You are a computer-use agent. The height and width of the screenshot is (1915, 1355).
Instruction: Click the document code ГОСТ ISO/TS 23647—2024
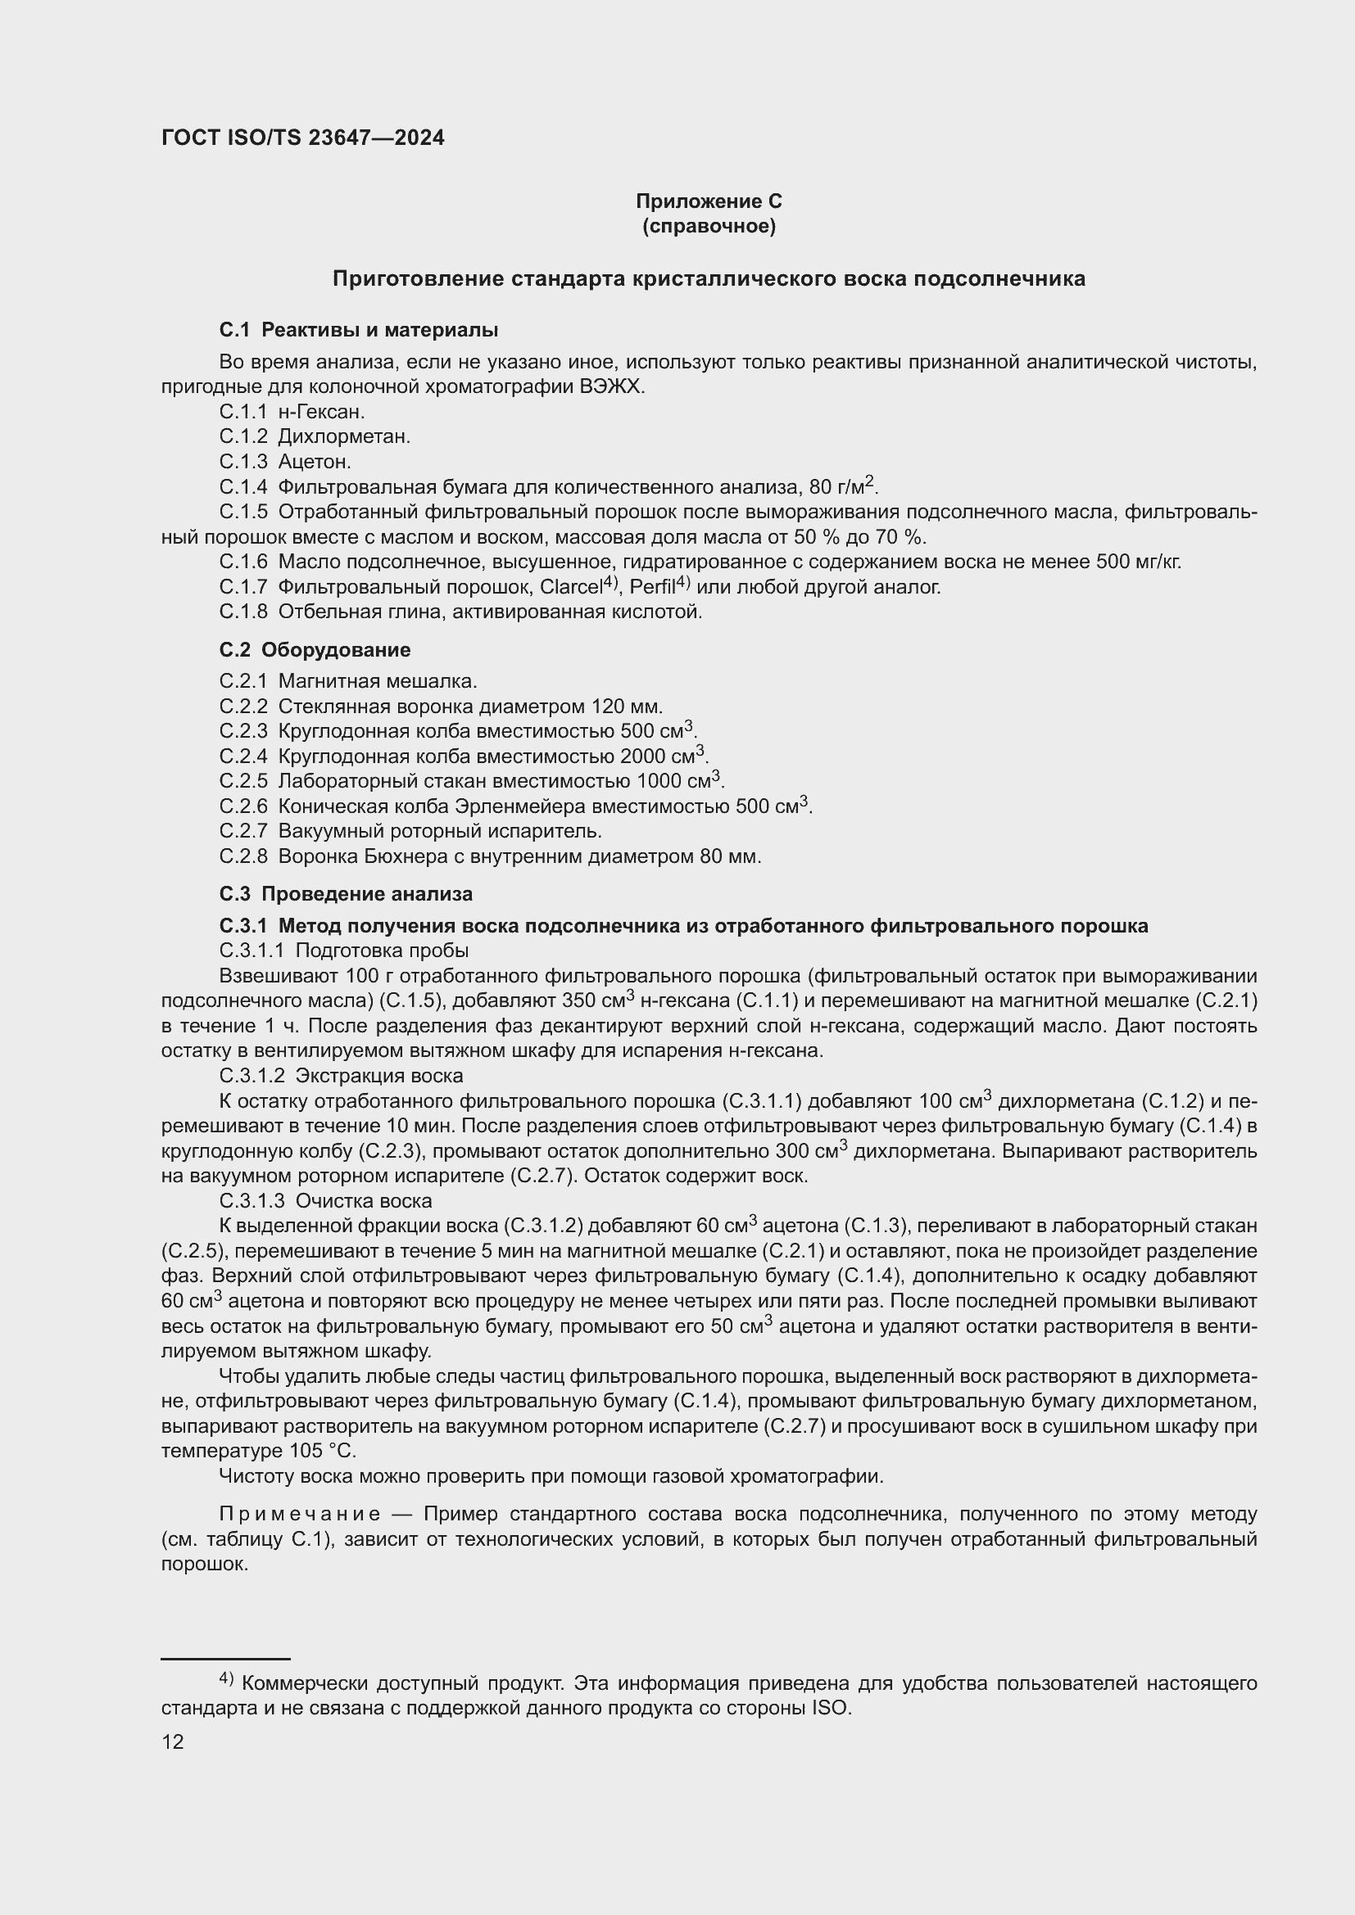tap(303, 138)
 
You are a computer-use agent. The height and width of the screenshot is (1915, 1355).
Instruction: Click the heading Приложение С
tap(709, 201)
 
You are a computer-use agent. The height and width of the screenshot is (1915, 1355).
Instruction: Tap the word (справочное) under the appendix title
tap(709, 226)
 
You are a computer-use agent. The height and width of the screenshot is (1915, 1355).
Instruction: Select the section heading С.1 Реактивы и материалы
tap(359, 330)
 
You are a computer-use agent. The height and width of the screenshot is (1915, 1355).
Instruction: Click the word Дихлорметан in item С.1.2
tap(344, 436)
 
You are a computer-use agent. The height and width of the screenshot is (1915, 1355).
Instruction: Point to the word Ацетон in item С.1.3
tap(315, 461)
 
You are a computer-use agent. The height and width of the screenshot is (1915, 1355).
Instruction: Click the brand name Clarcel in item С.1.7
tap(571, 587)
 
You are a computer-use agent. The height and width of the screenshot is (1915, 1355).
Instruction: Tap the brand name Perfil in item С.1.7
tap(651, 587)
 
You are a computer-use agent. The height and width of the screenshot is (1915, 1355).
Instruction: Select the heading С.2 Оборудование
tap(315, 650)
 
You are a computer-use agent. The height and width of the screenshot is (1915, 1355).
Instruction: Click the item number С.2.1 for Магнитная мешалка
tap(243, 681)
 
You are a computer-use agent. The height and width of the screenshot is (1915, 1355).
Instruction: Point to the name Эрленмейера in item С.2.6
tap(523, 806)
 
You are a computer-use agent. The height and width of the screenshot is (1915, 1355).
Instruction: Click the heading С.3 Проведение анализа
tap(346, 894)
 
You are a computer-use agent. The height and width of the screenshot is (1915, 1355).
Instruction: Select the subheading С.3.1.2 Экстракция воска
tap(341, 1076)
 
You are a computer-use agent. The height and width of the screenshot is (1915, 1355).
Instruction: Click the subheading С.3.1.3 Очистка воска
tap(325, 1201)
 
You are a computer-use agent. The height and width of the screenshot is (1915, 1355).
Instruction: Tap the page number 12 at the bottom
tap(173, 1742)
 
